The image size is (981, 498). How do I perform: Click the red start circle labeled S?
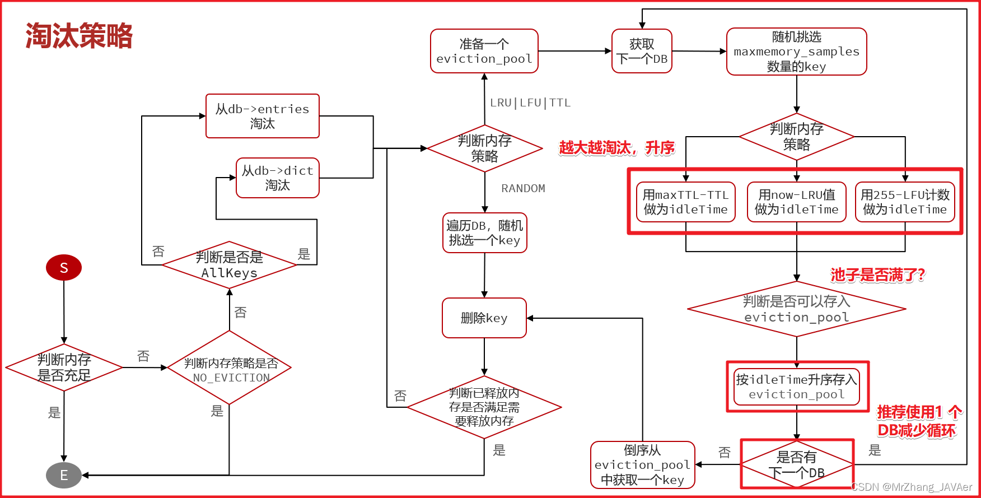pyautogui.click(x=64, y=268)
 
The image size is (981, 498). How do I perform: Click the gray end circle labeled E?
pyautogui.click(x=64, y=475)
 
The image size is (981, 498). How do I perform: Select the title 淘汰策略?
pyautogui.click(x=79, y=36)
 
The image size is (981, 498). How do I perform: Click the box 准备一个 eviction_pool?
pyautogui.click(x=484, y=51)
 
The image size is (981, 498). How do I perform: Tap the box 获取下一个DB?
pyautogui.click(x=642, y=51)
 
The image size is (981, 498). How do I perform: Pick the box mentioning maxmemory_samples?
pyautogui.click(x=796, y=52)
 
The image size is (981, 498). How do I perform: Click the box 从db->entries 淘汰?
pyautogui.click(x=262, y=116)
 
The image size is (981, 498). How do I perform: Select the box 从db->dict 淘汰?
pyautogui.click(x=277, y=178)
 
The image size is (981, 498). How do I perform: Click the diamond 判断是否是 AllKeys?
pyautogui.click(x=229, y=265)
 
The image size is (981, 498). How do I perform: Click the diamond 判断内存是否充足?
pyautogui.click(x=64, y=367)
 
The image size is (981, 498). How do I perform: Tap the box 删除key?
pyautogui.click(x=484, y=318)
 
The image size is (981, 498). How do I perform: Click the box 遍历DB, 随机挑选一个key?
pyautogui.click(x=484, y=232)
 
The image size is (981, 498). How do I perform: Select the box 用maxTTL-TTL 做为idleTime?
pyautogui.click(x=685, y=202)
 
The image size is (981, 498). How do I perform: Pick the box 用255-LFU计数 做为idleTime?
pyautogui.click(x=905, y=202)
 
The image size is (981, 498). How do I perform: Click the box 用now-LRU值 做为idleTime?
pyautogui.click(x=796, y=202)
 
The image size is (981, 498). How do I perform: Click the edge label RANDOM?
pyautogui.click(x=523, y=189)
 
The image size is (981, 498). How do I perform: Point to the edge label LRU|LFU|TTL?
pyautogui.click(x=530, y=103)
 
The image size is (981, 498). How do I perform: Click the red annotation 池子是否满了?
pyautogui.click(x=877, y=275)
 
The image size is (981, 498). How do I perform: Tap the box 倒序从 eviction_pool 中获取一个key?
pyautogui.click(x=642, y=465)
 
